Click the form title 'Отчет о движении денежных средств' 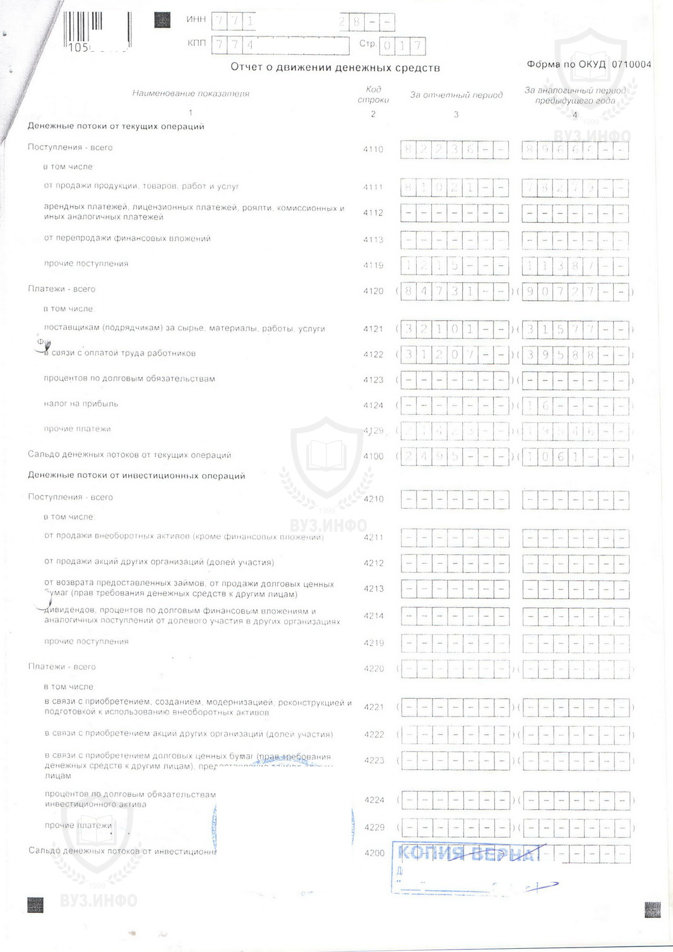(x=335, y=68)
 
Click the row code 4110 (x=373, y=150)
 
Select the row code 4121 (x=373, y=329)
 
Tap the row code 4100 (x=373, y=456)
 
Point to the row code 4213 (x=374, y=588)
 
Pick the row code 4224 (x=374, y=800)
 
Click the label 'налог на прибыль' (x=81, y=404)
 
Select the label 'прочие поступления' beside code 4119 (x=86, y=264)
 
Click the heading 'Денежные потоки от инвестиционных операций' (x=136, y=476)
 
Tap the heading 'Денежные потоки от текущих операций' (x=116, y=126)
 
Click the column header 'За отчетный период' (x=456, y=95)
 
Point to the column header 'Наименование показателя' (x=191, y=93)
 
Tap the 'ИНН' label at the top (x=196, y=20)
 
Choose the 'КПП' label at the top (x=196, y=44)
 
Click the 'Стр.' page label (x=367, y=44)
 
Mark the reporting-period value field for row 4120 (x=455, y=292)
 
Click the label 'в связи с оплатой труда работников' (x=120, y=354)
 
